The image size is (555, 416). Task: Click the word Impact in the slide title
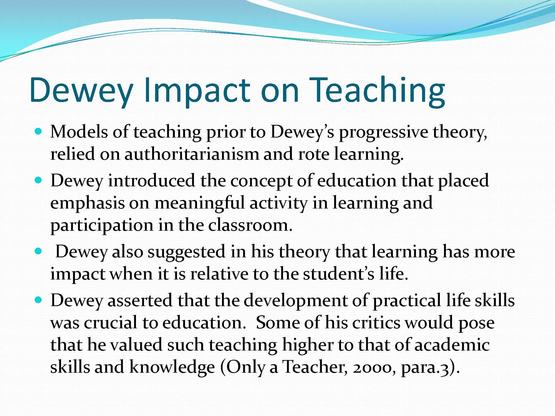coord(197,91)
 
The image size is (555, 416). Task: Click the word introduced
coord(152,181)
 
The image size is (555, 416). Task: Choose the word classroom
coord(250,225)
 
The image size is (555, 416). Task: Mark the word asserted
coord(140,301)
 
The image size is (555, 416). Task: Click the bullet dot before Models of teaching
coord(38,131)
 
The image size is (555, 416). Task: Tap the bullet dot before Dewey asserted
coord(38,300)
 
